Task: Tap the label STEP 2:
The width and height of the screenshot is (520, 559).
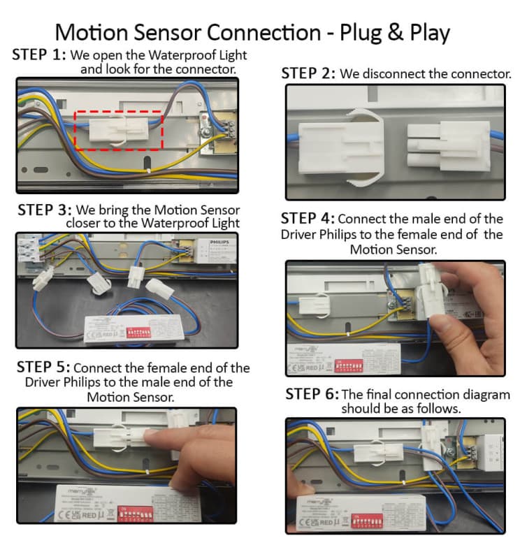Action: (x=308, y=73)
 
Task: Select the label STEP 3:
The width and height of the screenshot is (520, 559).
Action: (x=45, y=210)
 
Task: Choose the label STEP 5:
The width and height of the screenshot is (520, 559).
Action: (x=43, y=368)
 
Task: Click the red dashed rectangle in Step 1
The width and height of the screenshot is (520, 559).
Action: (x=118, y=129)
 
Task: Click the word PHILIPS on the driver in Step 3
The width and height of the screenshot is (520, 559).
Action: (x=218, y=242)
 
